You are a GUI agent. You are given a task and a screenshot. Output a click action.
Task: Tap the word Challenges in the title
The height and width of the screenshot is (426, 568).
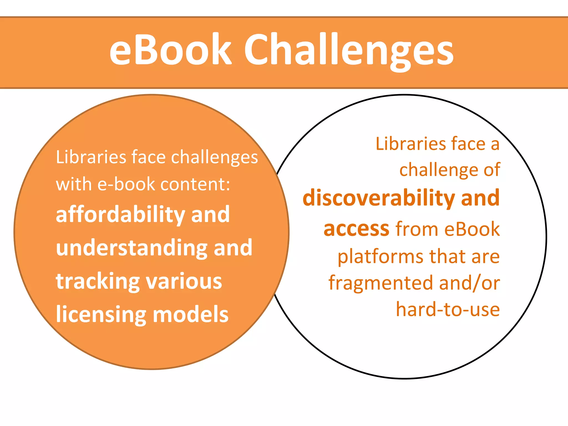click(348, 51)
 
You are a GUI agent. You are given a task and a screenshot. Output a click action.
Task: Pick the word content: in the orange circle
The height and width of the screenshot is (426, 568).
click(195, 184)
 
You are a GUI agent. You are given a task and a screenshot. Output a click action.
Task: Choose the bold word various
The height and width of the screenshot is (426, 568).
click(184, 281)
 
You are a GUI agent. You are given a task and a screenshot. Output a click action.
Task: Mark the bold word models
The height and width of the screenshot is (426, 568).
click(191, 315)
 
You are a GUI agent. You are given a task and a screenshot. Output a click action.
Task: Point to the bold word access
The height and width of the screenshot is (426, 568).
click(357, 229)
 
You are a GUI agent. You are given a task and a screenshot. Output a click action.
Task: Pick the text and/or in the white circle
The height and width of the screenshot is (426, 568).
click(470, 283)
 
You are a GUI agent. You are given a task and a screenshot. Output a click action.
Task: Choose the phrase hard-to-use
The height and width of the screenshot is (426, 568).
click(448, 309)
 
